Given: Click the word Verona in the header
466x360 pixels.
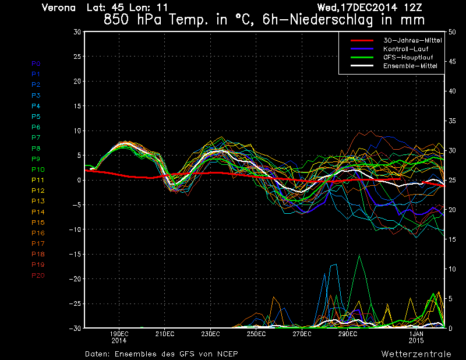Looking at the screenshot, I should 59,8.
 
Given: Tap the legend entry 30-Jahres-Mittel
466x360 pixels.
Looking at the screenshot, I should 412,40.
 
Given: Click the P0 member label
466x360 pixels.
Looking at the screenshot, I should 36,63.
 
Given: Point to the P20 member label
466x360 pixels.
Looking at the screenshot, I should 38,276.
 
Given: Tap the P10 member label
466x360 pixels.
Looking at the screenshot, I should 38,170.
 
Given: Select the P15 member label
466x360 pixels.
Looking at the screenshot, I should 38,223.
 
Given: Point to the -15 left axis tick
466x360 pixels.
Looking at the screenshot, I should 75,255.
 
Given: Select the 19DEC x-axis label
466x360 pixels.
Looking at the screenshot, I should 119,334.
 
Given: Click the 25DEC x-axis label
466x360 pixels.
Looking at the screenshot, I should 256,334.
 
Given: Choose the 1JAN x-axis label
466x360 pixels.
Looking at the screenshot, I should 416,334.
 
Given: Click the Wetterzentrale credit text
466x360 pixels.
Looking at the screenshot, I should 415,354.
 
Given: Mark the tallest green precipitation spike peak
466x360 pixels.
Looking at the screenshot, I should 359,255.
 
